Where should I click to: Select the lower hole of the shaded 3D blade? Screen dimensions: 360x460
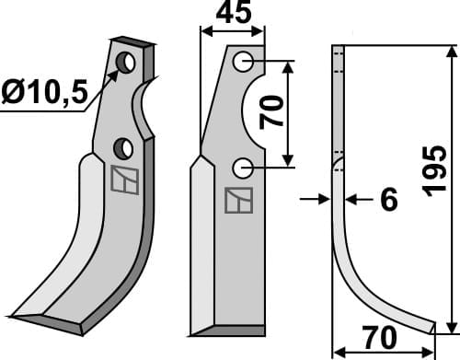[123, 148]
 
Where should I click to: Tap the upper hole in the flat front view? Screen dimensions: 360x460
[244, 62]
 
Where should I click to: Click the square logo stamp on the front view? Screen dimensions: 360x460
[239, 198]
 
